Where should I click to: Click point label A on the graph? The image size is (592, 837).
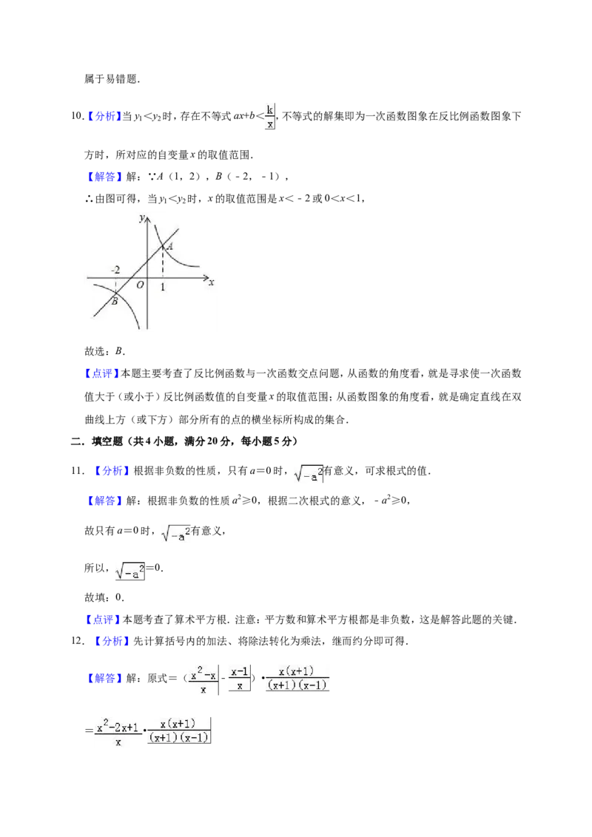170,247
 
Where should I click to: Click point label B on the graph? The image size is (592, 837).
115,302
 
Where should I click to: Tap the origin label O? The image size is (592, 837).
140,285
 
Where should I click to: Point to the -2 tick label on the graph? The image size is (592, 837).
115,270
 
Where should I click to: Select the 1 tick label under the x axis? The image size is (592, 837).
163,287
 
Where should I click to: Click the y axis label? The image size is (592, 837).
141,217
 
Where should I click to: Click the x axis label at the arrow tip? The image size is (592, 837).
212,282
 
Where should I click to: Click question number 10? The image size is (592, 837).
78,116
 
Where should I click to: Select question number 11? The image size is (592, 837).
78,470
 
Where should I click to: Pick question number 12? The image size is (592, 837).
78,640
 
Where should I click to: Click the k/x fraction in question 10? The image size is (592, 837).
270,117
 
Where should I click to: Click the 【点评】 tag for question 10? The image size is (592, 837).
102,373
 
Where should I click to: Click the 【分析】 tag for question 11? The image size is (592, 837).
112,470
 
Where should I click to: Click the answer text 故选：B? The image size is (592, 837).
105,351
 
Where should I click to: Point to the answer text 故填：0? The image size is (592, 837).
104,597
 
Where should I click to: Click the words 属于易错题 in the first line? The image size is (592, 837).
110,79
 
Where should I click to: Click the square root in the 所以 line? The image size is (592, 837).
130,571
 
